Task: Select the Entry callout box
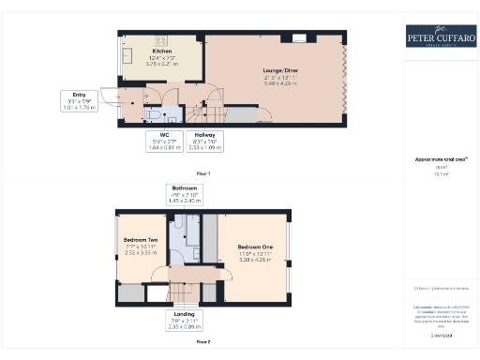pos(79,100)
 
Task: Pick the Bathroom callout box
pos(186,195)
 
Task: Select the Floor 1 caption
pos(203,174)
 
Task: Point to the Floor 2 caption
pos(203,342)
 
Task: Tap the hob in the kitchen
pos(159,41)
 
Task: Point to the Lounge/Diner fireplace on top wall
pos(299,37)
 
